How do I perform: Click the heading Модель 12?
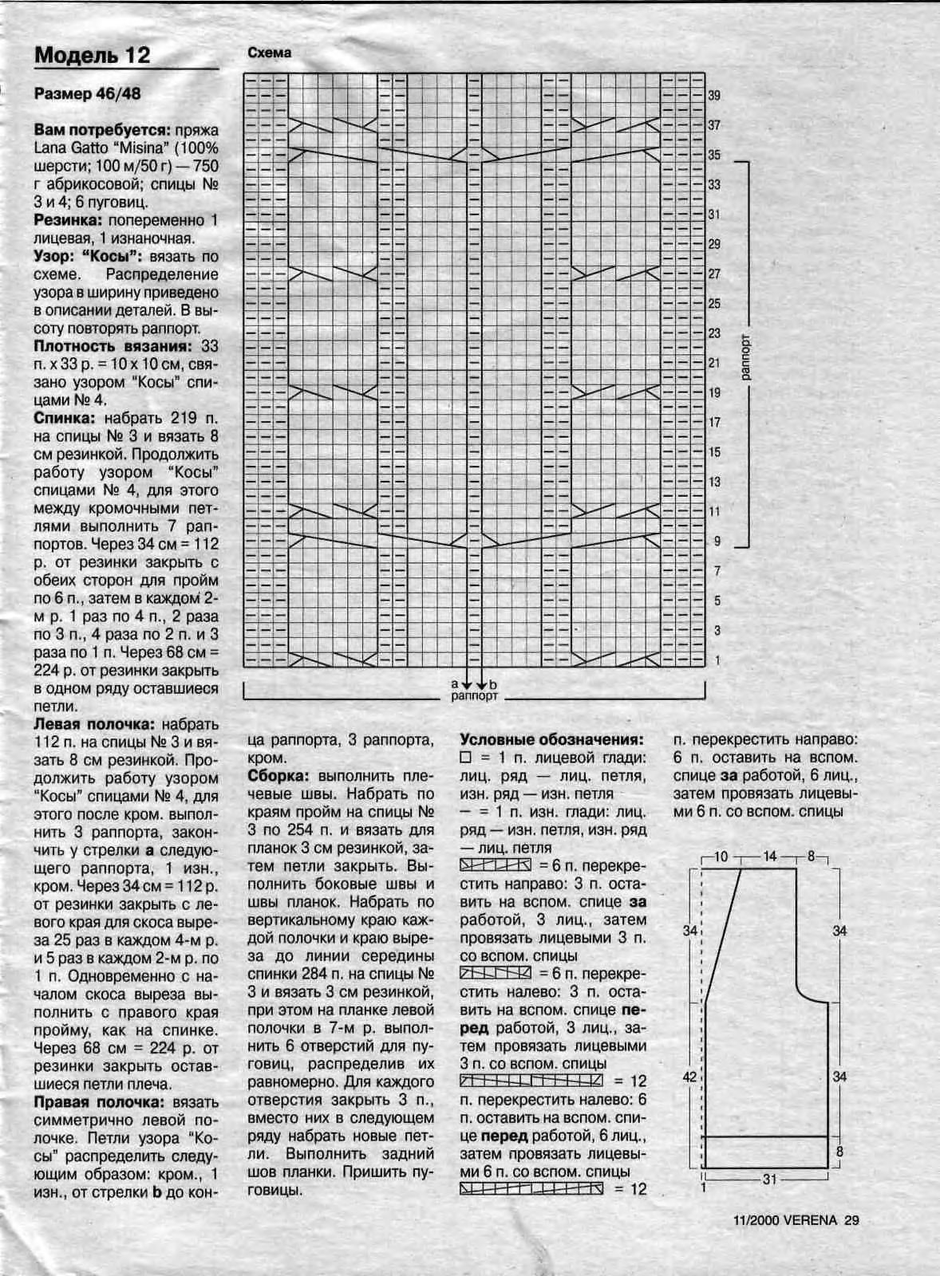(x=92, y=55)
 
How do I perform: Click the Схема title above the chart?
(x=269, y=53)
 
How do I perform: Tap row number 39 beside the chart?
(x=714, y=96)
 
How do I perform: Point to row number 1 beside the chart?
(x=717, y=660)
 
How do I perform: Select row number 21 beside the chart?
(x=714, y=363)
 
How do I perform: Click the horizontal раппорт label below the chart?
(x=474, y=696)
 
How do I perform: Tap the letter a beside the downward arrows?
(x=454, y=683)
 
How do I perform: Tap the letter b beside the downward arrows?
(x=493, y=684)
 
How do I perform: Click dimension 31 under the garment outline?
(x=769, y=1179)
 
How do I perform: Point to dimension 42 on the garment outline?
(x=690, y=1077)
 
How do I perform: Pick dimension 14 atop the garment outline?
(x=769, y=857)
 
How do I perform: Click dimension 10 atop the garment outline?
(x=721, y=857)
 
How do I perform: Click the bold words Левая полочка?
(x=94, y=724)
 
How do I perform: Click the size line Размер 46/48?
(x=87, y=94)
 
